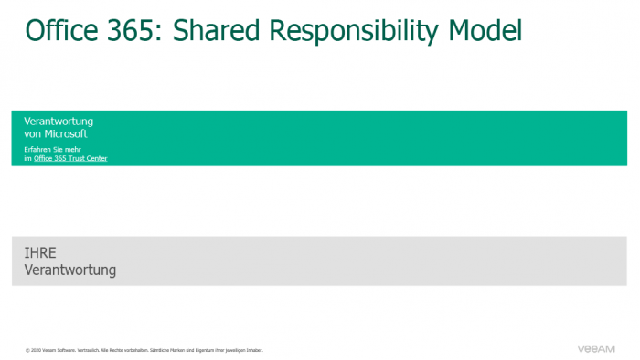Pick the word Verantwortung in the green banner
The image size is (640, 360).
click(x=59, y=122)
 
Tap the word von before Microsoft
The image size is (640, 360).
click(x=33, y=133)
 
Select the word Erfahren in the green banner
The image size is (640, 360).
click(x=37, y=148)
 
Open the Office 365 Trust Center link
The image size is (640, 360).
click(x=70, y=158)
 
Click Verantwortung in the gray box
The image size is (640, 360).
click(x=70, y=270)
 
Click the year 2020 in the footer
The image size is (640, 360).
click(x=36, y=350)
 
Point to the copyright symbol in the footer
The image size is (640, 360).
click(x=27, y=350)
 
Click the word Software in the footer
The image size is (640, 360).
click(x=63, y=350)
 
